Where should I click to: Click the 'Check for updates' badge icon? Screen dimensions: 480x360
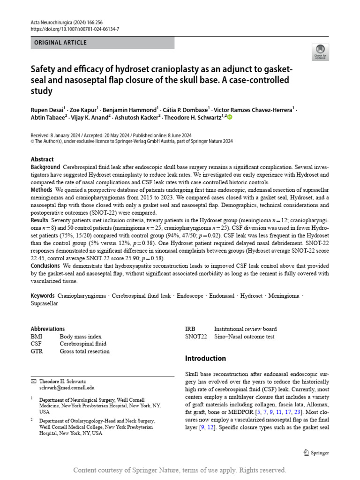coord(320,52)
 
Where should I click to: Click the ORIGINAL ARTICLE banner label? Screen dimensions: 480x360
coord(60,43)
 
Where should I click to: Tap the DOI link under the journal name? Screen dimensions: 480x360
coord(75,29)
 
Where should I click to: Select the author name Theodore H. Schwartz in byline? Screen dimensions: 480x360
coord(193,118)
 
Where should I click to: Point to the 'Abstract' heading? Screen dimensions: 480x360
coord(42,159)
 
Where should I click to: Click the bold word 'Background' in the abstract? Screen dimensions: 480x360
coord(45,167)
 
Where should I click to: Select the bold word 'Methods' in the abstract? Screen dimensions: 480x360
coord(41,190)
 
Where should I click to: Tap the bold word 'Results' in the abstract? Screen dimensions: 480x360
coord(40,220)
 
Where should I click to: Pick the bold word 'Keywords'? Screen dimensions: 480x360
coord(43,296)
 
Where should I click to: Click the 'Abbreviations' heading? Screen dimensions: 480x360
coord(48,329)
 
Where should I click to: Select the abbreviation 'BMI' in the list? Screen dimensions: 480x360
coord(37,337)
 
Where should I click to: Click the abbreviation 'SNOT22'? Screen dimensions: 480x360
coord(196,337)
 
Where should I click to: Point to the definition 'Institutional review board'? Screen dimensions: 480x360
coord(245,329)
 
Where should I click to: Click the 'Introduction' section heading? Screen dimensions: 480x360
coord(205,359)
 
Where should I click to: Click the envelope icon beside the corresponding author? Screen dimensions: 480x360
coord(33,382)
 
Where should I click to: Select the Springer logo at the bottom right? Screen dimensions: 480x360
coord(316,453)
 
